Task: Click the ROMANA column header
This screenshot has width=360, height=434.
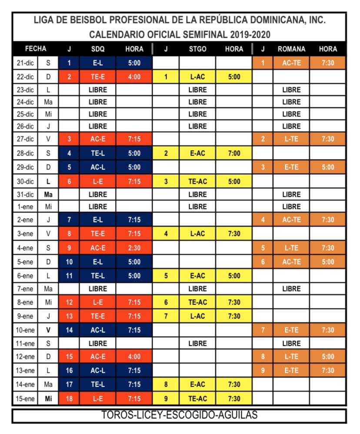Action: click(x=291, y=49)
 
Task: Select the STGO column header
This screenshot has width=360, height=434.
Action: click(x=197, y=49)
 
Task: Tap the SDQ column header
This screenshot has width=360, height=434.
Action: click(x=97, y=49)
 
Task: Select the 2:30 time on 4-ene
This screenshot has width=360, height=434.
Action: click(x=134, y=248)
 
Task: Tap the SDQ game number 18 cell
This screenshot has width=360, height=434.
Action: click(x=69, y=399)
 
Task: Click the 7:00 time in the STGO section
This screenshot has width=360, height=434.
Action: click(x=234, y=153)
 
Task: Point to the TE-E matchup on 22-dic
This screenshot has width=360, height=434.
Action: click(x=97, y=77)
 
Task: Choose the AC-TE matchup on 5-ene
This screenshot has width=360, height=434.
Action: click(x=291, y=262)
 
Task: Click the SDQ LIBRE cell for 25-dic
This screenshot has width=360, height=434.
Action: click(x=97, y=114)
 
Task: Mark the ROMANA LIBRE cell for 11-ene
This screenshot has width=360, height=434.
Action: click(x=291, y=343)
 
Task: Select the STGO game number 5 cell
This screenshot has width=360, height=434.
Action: click(x=166, y=276)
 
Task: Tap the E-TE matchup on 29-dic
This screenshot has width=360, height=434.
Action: click(x=291, y=167)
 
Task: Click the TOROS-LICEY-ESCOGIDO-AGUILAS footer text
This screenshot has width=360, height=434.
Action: click(x=180, y=415)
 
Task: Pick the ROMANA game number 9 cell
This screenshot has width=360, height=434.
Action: click(x=263, y=371)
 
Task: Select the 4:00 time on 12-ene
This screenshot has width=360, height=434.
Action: click(x=134, y=357)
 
